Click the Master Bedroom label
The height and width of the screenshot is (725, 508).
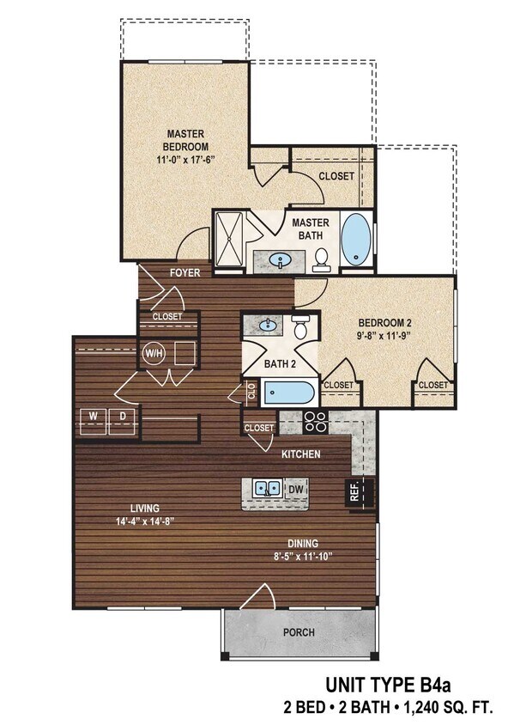coord(183,139)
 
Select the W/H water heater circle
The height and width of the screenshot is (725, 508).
coord(154,353)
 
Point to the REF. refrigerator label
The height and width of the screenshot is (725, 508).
coord(353,492)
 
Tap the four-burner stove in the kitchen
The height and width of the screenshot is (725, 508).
coord(315,422)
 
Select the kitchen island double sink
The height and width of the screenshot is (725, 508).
coord(267,489)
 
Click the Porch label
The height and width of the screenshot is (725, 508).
coord(299,632)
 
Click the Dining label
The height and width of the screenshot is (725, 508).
coord(303,543)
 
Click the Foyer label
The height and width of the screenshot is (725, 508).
coord(184,272)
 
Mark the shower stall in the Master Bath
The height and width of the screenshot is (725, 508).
coord(230,241)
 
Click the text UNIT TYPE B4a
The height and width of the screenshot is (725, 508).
coord(387,685)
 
